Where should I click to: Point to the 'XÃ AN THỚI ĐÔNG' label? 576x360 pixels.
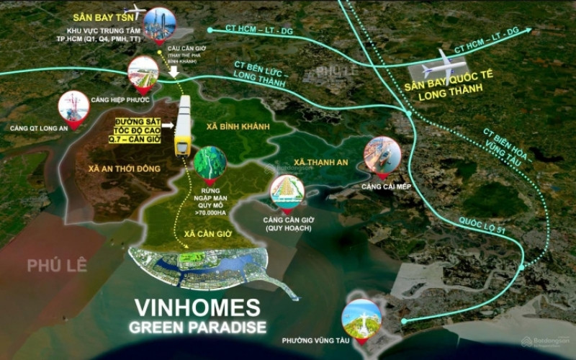tap(125, 168)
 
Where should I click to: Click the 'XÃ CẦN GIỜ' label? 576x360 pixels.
tap(191, 235)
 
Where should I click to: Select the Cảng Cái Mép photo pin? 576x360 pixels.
tap(382, 155)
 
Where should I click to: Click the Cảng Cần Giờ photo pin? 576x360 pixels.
tap(287, 192)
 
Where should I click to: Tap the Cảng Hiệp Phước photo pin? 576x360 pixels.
tap(143, 73)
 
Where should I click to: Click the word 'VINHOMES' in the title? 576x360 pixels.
tap(199, 308)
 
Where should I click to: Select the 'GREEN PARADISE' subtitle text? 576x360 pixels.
tap(198, 328)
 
